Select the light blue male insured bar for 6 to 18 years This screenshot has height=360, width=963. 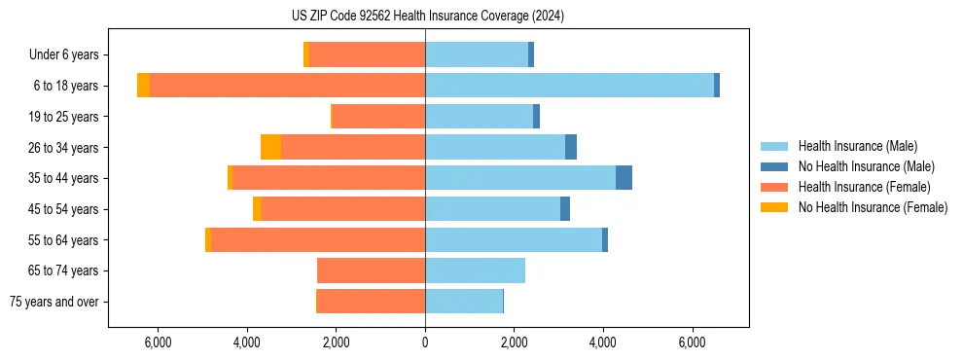569,86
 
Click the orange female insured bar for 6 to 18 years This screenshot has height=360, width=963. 287,86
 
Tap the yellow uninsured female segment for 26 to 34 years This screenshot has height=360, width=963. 270,147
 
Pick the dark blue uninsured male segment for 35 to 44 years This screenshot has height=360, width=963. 624,178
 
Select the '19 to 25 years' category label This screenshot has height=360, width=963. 64,117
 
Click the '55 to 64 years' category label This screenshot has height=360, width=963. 64,240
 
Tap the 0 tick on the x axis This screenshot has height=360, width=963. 425,342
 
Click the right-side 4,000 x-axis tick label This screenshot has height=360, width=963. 603,342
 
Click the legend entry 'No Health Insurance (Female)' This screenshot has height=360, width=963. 873,207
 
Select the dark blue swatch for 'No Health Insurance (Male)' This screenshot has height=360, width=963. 774,166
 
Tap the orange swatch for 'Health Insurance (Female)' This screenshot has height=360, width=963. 774,187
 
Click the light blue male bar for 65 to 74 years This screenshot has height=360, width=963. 475,270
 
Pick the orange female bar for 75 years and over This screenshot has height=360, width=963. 371,302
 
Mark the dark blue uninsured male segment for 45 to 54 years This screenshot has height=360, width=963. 565,209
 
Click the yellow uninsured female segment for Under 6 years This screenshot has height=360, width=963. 306,54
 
